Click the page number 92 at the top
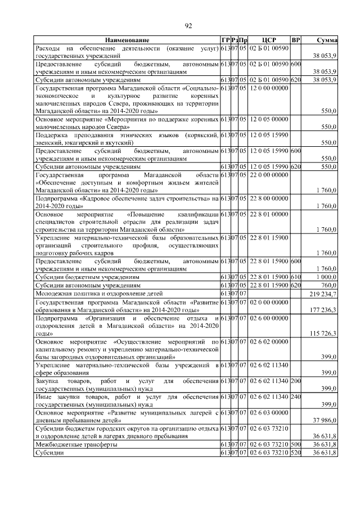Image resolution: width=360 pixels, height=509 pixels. (188, 25)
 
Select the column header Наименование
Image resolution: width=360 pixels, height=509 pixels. (127, 40)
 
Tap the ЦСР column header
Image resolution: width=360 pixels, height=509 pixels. (269, 40)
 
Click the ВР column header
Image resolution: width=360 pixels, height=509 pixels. (296, 40)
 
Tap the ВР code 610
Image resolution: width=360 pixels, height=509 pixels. (296, 277)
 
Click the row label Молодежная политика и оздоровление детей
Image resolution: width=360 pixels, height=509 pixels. (99, 294)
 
